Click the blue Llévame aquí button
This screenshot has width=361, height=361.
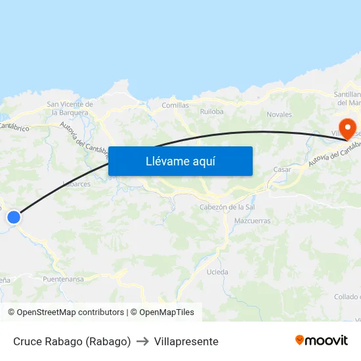180,161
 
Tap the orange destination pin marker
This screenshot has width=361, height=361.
344,125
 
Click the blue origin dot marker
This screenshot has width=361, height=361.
13,217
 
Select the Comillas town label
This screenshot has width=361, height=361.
175,105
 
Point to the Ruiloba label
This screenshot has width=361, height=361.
211,112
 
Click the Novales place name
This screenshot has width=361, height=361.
279,114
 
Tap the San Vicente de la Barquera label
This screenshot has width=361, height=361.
70,108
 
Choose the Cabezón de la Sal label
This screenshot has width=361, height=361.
227,207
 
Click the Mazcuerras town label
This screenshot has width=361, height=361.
252,221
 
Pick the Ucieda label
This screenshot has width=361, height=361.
217,272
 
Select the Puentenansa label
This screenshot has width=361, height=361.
63,280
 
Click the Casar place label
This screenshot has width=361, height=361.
282,169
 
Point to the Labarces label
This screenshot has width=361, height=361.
77,184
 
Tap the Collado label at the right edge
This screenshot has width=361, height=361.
347,297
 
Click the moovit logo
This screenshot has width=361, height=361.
322,341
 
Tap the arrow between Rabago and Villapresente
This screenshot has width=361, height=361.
142,341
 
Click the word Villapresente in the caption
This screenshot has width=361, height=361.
187,341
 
